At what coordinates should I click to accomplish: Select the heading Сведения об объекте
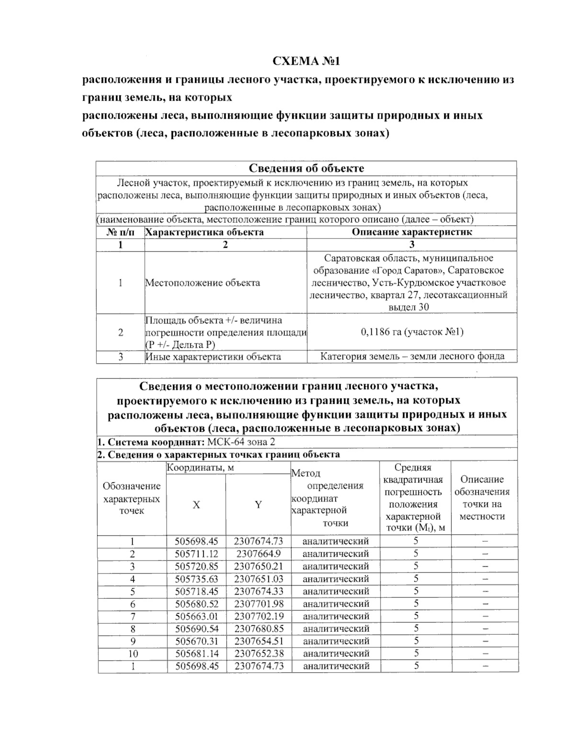(306, 168)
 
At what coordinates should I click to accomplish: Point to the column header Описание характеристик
(412, 232)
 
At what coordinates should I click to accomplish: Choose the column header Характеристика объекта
(205, 232)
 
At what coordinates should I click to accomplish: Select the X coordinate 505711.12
(196, 554)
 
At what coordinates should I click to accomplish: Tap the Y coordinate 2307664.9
(258, 554)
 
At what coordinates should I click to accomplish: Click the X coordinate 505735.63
(196, 579)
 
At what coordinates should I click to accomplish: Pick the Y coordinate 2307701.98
(258, 604)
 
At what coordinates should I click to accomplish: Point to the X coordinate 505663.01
(196, 616)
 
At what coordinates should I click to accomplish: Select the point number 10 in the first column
(132, 653)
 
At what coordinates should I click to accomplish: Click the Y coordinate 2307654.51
(258, 641)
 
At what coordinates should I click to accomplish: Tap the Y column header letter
(258, 504)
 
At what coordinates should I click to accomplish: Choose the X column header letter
(196, 505)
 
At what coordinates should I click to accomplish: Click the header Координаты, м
(200, 468)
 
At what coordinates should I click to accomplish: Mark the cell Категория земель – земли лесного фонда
(412, 356)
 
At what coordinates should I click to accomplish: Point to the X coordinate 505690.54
(196, 629)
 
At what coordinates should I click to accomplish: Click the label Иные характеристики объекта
(213, 356)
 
